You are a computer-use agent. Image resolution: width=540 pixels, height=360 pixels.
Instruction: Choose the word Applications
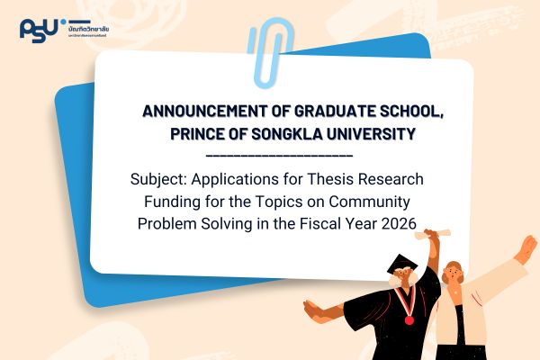(238, 180)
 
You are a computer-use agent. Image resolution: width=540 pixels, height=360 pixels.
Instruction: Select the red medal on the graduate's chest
(410, 319)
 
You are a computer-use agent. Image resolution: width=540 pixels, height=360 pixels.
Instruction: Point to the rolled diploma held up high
(436, 235)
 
